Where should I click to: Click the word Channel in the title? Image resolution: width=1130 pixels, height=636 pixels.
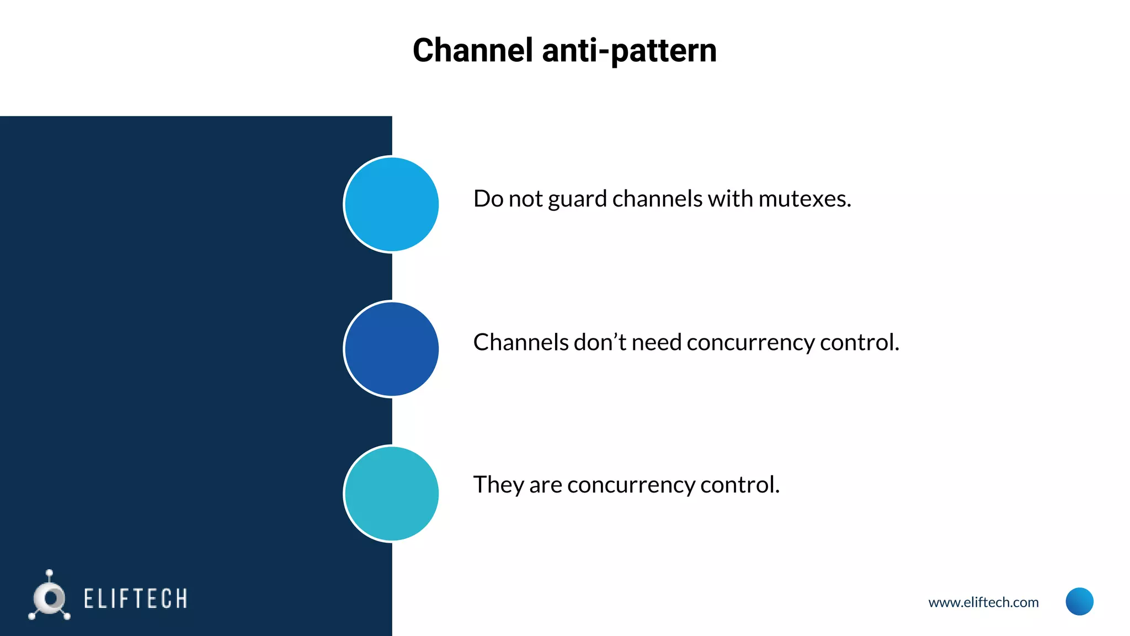point(473,50)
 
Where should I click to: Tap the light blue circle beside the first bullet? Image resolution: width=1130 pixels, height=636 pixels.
point(391,204)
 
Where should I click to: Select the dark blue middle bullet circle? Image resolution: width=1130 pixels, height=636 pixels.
point(391,349)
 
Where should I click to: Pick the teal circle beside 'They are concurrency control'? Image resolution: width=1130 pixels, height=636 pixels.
point(391,494)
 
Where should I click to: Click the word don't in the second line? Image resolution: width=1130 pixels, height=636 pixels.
point(600,342)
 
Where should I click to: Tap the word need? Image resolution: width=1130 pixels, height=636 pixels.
point(657,342)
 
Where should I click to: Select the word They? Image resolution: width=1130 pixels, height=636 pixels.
point(498,485)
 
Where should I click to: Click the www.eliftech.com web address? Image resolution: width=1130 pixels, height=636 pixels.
point(983,602)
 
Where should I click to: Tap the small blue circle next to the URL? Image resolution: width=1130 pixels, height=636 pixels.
point(1079,601)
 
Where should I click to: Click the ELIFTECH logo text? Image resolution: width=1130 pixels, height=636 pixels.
point(136,599)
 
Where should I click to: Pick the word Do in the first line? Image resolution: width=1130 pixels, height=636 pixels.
point(488,199)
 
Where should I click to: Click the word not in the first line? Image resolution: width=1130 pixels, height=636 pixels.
point(525,199)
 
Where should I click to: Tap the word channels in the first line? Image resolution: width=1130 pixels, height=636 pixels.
point(657,199)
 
